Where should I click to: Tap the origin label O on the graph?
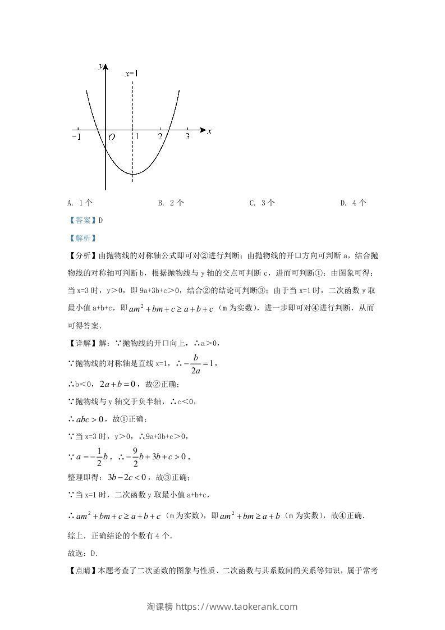[x=112, y=137]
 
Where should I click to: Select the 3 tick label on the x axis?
[x=187, y=136]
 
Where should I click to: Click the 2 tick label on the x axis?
[x=160, y=136]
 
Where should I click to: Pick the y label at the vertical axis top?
[x=100, y=66]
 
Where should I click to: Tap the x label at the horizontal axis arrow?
[x=209, y=131]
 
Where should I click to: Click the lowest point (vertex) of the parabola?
[x=133, y=174]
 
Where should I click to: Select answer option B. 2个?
[x=171, y=203]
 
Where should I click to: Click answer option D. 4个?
[x=354, y=203]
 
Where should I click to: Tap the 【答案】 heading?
[x=81, y=221]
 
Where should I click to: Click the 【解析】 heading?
[x=81, y=238]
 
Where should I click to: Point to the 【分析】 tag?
[x=82, y=256]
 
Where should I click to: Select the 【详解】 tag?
[x=82, y=343]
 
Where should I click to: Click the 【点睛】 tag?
[x=82, y=570]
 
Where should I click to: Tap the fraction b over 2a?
[x=196, y=363]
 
